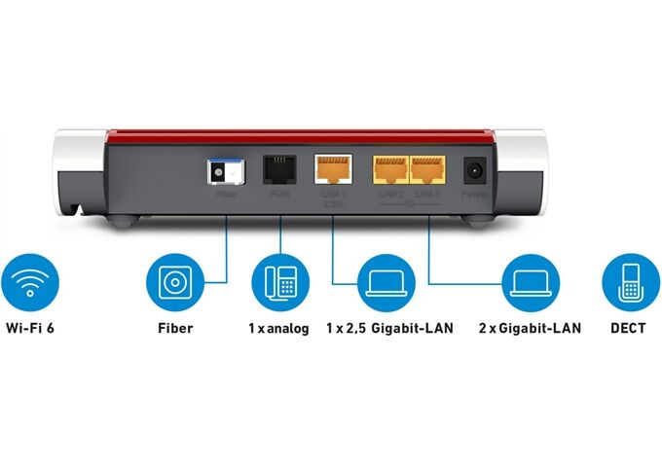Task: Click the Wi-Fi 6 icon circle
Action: (30, 282)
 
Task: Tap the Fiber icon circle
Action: (175, 282)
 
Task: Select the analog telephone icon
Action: (279, 282)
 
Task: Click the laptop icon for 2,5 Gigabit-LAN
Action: (387, 282)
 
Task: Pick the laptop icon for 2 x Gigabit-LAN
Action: (530, 282)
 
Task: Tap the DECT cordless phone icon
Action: (631, 282)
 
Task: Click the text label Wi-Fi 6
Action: (30, 329)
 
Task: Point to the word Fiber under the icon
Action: (175, 329)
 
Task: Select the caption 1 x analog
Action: (278, 329)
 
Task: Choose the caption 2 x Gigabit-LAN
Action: (530, 329)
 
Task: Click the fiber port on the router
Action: (223, 171)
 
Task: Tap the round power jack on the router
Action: (476, 170)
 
